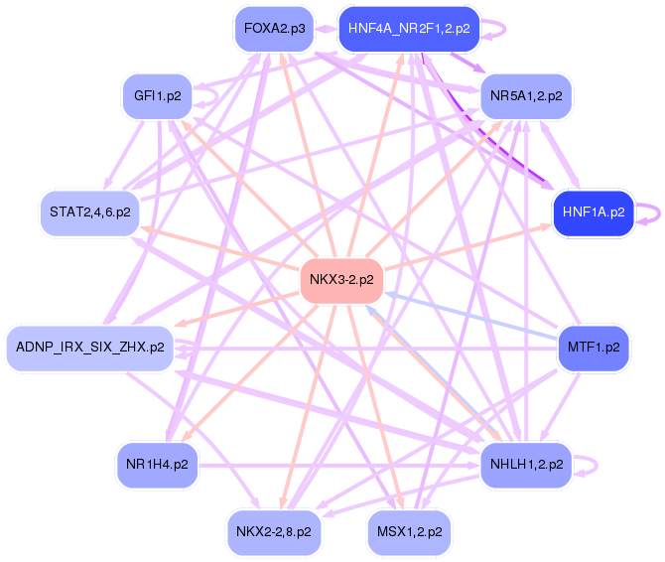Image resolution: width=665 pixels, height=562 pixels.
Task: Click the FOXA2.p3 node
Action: [274, 29]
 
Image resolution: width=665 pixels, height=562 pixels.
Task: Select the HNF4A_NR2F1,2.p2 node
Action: [409, 29]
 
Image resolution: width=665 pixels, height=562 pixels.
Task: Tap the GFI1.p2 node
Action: [158, 96]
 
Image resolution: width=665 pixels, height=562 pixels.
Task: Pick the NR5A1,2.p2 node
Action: [526, 96]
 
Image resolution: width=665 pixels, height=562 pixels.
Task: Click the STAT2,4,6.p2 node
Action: [90, 212]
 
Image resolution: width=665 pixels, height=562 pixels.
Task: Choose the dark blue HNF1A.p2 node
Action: [594, 212]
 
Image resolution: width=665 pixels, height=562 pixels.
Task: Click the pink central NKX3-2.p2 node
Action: [341, 280]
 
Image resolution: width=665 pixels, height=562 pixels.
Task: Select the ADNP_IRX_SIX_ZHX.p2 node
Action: [90, 348]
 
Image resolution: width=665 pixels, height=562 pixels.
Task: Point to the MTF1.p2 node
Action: [594, 348]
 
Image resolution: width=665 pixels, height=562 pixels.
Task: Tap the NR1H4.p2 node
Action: [158, 464]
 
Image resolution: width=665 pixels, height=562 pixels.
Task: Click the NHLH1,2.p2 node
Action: [526, 464]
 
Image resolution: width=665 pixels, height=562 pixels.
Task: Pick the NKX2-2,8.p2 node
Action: [274, 531]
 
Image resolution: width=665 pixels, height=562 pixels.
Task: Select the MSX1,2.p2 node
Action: [409, 531]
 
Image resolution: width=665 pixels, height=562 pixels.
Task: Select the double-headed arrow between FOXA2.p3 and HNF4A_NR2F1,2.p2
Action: [327, 29]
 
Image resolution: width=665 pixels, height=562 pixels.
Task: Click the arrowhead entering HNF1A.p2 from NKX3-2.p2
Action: [546, 227]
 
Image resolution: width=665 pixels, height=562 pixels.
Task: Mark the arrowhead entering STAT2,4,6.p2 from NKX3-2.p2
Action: [146, 229]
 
